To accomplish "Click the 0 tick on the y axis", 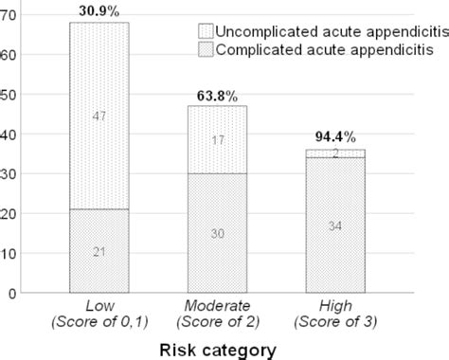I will pos(14,294).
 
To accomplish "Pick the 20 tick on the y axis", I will pos(10,214).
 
